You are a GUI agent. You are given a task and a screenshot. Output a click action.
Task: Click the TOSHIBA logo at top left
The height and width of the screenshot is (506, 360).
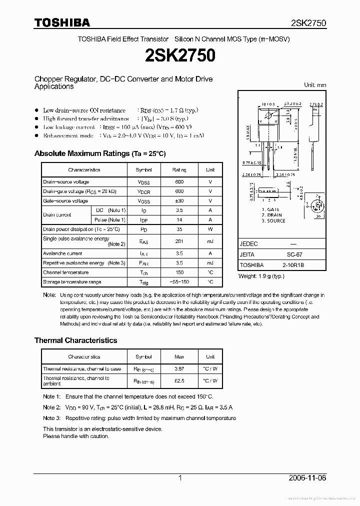(62, 22)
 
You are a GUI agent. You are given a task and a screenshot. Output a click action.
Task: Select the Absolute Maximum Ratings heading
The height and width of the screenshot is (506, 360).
(99, 153)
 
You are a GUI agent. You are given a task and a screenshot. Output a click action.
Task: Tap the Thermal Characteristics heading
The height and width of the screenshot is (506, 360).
(75, 340)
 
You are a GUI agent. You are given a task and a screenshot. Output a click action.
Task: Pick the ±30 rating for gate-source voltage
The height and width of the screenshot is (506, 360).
(179, 201)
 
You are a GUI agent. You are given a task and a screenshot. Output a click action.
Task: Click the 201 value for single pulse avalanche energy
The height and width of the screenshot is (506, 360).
(179, 241)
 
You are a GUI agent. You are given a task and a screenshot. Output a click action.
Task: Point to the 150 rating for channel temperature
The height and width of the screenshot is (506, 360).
(179, 272)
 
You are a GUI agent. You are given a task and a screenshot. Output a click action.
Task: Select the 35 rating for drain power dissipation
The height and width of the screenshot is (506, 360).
(179, 229)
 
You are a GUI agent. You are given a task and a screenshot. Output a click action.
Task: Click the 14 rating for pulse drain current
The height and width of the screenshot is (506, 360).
(179, 219)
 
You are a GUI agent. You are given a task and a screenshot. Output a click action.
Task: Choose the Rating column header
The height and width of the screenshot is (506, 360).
(179, 170)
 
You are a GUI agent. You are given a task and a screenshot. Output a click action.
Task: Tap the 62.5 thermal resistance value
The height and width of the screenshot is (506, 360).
(179, 381)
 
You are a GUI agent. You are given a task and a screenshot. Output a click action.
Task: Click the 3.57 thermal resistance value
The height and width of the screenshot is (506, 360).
(179, 369)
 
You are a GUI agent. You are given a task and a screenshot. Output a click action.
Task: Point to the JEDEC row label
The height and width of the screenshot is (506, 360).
(249, 244)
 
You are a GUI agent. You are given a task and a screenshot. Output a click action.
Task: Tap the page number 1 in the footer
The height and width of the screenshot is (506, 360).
(180, 478)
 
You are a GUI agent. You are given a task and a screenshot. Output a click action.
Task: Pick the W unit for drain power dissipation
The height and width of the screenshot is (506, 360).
(210, 229)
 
